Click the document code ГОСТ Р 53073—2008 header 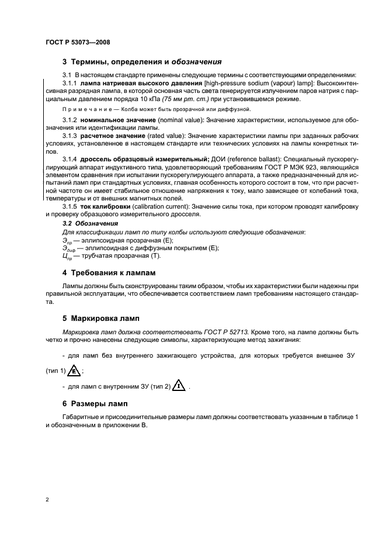[78, 43]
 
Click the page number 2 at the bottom [46, 500]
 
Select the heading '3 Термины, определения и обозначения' [141, 61]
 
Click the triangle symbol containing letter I [180, 386]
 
